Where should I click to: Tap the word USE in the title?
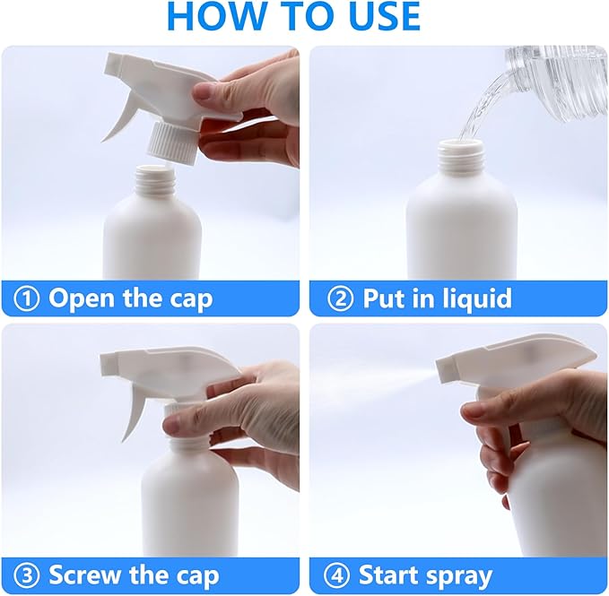376,16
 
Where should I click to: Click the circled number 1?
28,298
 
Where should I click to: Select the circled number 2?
340,298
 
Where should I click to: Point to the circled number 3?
28,574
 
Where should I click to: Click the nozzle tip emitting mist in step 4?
448,368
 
